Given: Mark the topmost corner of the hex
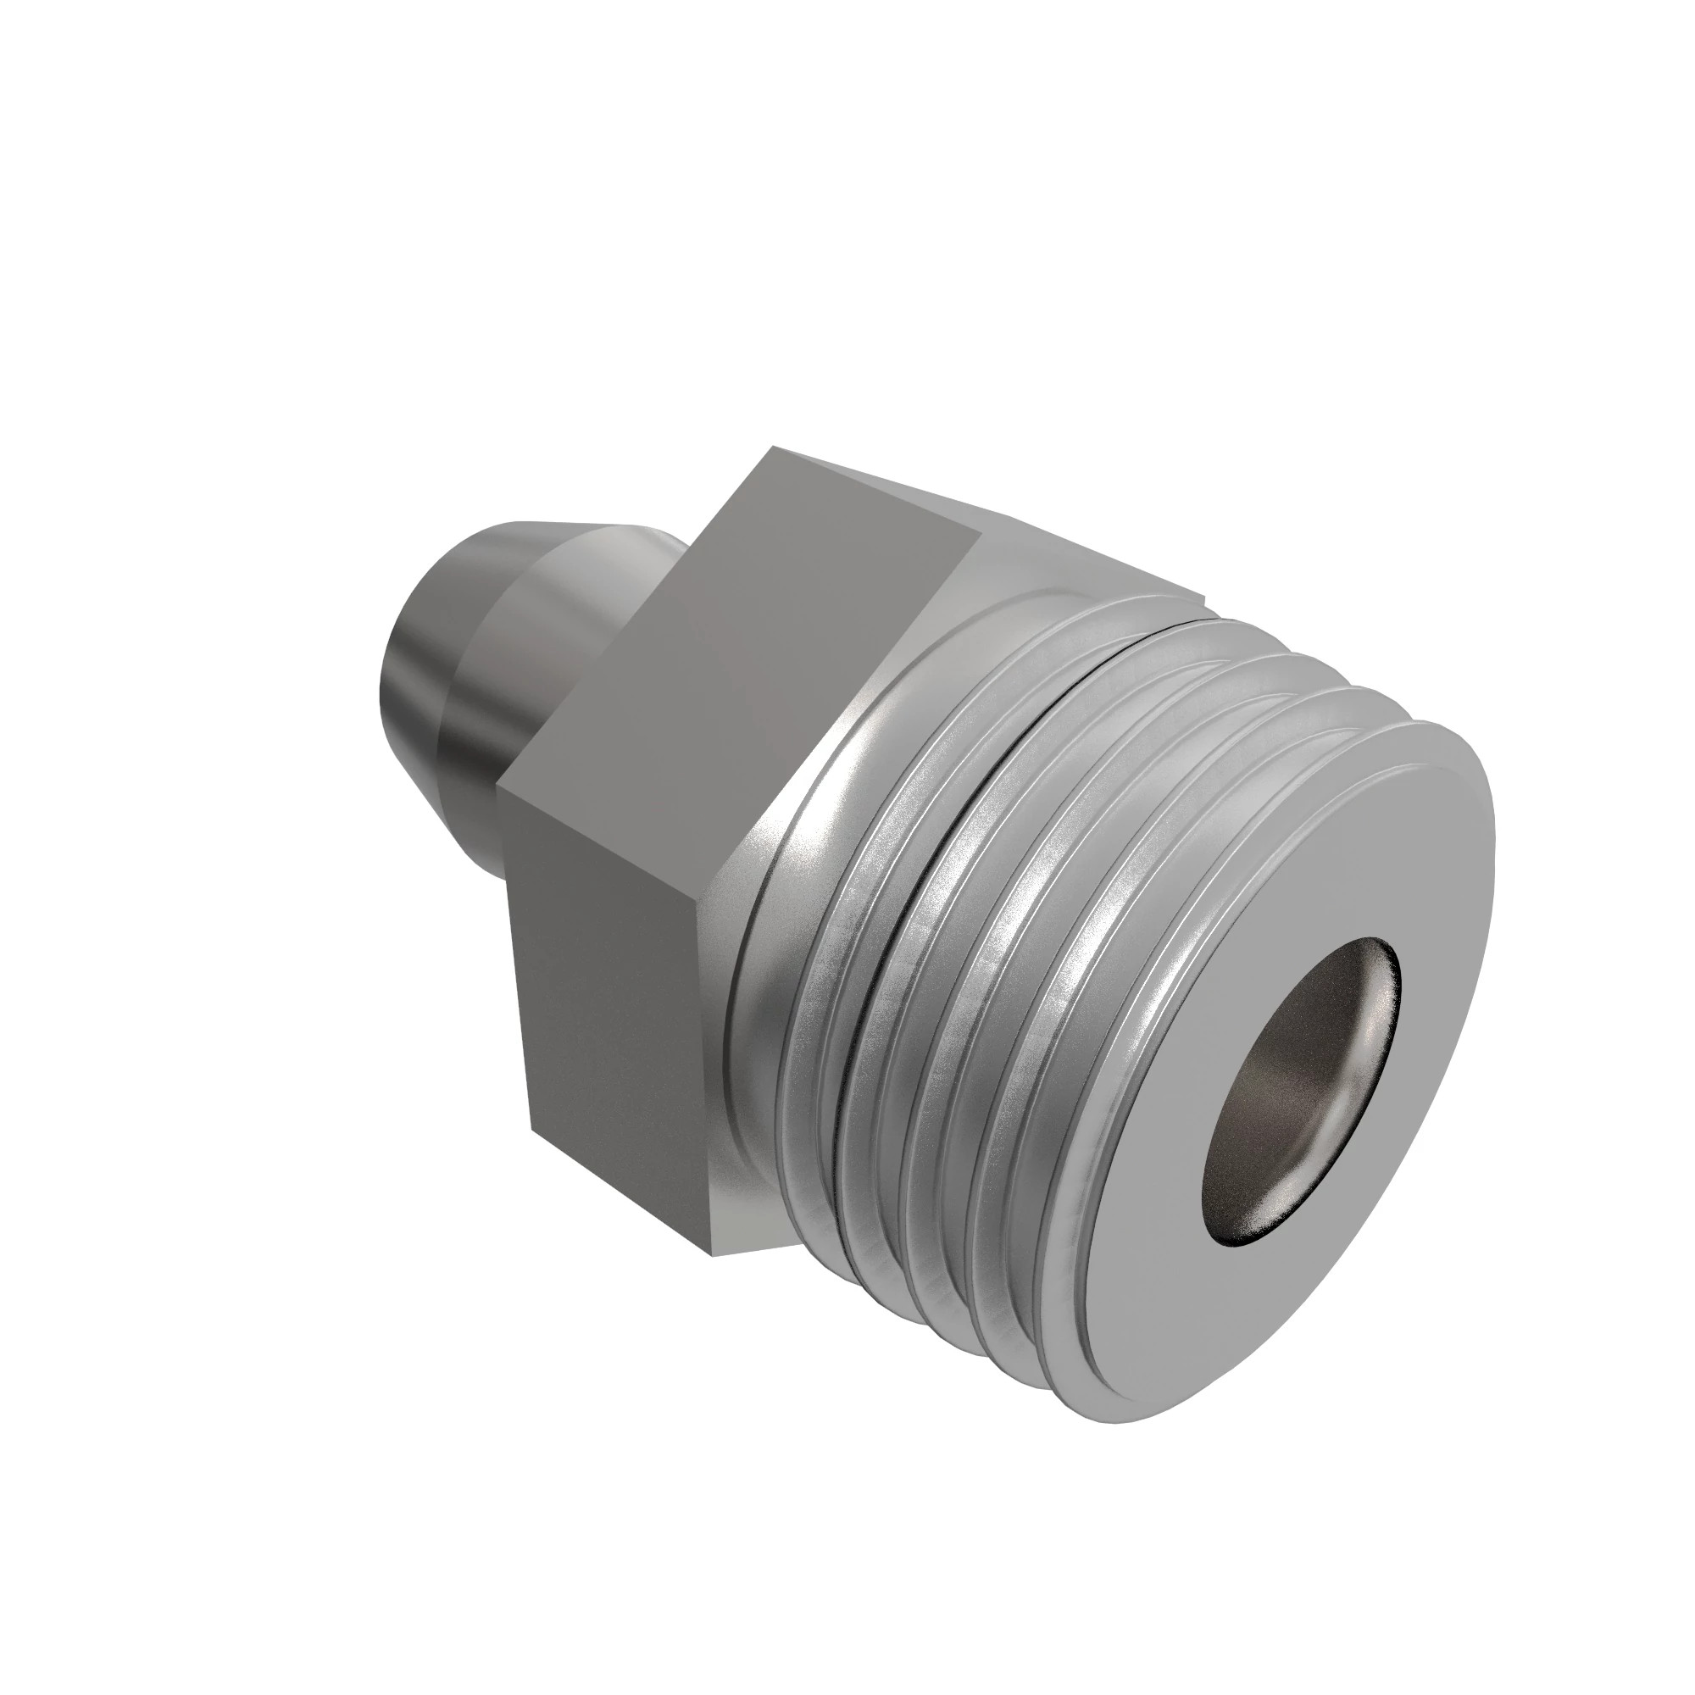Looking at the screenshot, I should (x=772, y=448).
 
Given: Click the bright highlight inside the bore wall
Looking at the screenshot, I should (x=1360, y=1036).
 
